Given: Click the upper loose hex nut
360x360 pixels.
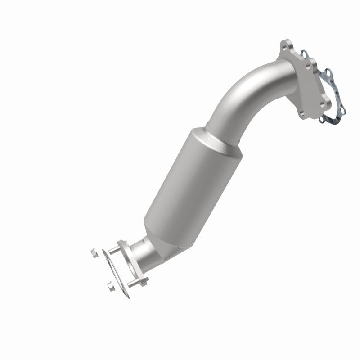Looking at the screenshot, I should [x=93, y=253].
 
